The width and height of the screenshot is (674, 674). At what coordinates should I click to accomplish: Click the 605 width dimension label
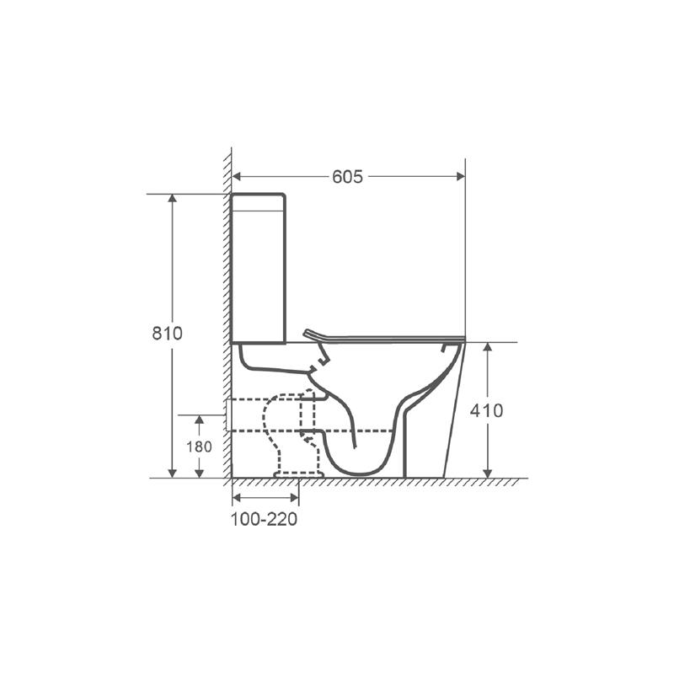pyautogui.click(x=347, y=177)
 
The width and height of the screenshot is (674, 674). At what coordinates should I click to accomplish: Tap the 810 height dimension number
pyautogui.click(x=167, y=333)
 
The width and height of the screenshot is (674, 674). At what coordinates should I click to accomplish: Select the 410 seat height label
pyautogui.click(x=486, y=411)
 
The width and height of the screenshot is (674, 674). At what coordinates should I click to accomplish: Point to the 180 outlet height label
pyautogui.click(x=199, y=447)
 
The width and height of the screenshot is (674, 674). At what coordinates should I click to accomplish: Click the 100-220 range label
pyautogui.click(x=265, y=519)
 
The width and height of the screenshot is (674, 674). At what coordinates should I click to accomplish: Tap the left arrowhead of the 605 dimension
pyautogui.click(x=236, y=176)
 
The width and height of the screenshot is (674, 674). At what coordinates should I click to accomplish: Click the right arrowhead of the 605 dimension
pyautogui.click(x=461, y=176)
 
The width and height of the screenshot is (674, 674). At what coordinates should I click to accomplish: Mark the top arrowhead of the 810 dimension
pyautogui.click(x=173, y=198)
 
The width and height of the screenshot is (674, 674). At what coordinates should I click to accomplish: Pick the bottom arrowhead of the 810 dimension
pyautogui.click(x=173, y=473)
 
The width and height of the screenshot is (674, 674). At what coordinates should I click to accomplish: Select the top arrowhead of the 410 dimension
pyautogui.click(x=487, y=347)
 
